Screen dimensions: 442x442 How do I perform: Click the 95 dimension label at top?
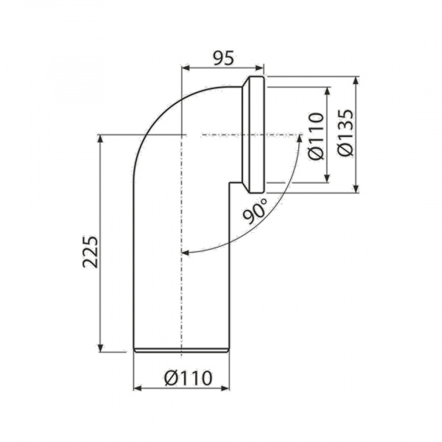click(223, 59)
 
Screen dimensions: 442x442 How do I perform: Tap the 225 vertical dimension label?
click(91, 251)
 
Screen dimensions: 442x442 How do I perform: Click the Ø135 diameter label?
click(346, 133)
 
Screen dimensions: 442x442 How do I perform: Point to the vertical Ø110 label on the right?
click(316, 136)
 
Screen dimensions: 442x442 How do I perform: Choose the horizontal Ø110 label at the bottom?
click(188, 378)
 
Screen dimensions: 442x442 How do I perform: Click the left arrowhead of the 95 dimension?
click(185, 68)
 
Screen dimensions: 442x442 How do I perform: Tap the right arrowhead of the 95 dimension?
click(259, 68)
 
